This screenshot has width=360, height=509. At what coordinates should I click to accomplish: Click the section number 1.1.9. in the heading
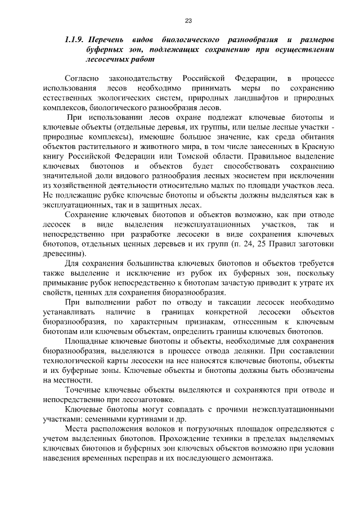[x=74, y=40]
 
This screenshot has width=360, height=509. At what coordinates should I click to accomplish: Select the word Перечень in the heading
[x=108, y=40]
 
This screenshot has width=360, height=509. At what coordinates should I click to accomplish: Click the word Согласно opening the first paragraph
[x=82, y=78]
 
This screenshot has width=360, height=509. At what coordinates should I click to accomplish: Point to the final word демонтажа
[x=250, y=458]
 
